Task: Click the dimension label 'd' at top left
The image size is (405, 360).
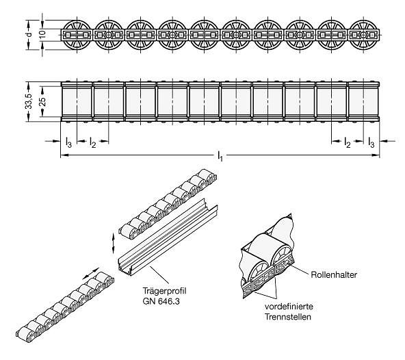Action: coord(29,35)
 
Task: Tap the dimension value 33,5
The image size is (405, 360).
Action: coord(29,101)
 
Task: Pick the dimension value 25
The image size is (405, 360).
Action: coord(43,101)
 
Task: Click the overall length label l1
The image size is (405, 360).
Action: coord(220,157)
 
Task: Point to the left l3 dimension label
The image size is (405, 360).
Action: coord(68,142)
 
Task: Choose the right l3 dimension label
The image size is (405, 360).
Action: coord(371,142)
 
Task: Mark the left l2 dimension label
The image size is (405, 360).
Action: coord(93,142)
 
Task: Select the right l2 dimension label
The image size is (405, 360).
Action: coord(348,142)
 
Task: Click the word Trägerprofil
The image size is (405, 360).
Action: coord(164,291)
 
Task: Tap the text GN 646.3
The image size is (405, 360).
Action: coord(161,301)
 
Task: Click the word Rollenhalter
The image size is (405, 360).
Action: coord(334,274)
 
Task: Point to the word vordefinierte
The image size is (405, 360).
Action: coord(289,307)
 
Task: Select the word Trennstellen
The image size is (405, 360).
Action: coord(288,317)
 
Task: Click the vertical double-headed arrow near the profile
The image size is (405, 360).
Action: coord(113,243)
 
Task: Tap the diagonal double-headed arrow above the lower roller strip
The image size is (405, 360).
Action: coord(91,273)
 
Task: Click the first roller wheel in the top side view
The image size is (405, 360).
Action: coord(77,35)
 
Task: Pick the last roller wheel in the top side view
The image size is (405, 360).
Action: coord(363,35)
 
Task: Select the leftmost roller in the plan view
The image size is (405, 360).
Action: coord(77,101)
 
